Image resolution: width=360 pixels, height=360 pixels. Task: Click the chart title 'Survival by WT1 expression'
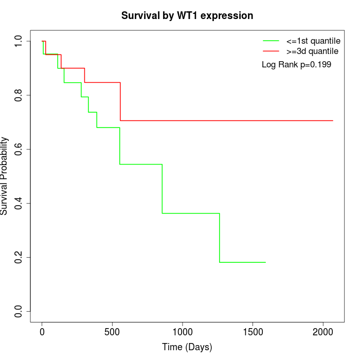[187, 16]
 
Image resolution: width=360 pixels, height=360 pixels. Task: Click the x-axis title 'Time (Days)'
[187, 347]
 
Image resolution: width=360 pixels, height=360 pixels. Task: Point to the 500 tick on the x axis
[112, 332]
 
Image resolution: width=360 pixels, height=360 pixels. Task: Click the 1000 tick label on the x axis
[183, 332]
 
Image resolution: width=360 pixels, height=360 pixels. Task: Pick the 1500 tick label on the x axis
[253, 332]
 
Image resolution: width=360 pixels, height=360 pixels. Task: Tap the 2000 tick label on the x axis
[323, 332]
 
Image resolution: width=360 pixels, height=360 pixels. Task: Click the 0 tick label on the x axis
[42, 332]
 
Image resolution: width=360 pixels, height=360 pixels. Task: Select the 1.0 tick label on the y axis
[19, 41]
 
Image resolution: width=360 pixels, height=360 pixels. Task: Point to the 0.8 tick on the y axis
[19, 95]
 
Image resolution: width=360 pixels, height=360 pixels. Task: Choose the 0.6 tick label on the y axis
[19, 149]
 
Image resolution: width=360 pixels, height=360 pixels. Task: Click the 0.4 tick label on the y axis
[19, 203]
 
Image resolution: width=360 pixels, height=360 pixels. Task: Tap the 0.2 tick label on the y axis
[19, 257]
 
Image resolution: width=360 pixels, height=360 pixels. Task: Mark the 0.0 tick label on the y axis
[19, 311]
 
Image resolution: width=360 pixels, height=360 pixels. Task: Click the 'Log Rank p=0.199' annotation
[296, 65]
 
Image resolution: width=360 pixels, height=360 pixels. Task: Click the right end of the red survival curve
[333, 120]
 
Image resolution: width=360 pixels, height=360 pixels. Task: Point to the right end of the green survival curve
[265, 262]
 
